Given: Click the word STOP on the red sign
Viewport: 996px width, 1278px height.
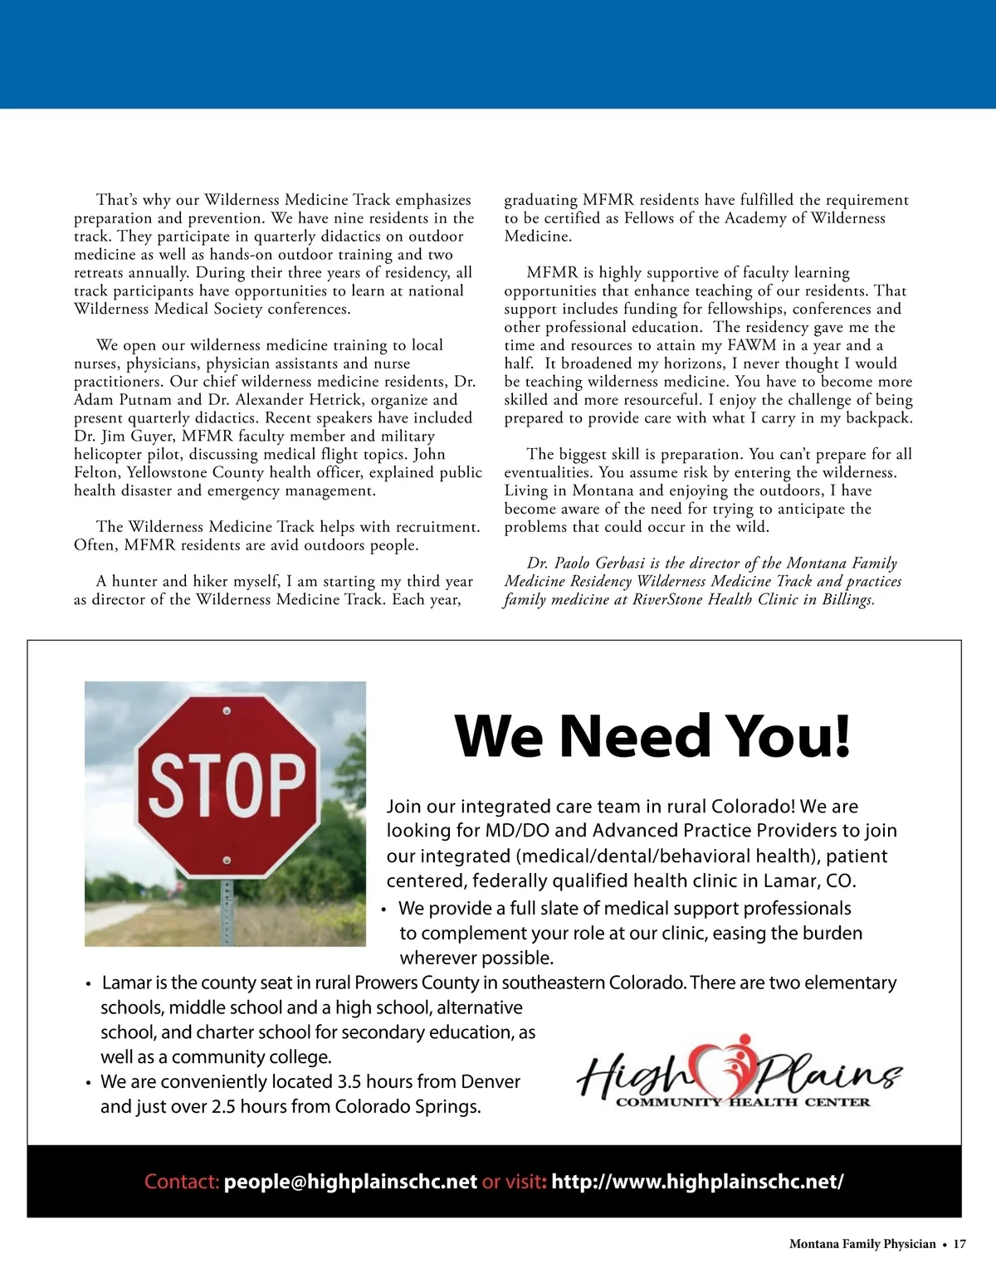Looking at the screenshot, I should (x=227, y=783).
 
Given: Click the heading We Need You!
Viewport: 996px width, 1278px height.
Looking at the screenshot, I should (x=653, y=735).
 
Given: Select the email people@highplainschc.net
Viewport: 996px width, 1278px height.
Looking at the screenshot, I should (x=350, y=1182).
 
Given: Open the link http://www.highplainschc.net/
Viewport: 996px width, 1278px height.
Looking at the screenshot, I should (x=697, y=1182).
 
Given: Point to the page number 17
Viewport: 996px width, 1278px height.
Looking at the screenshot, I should (x=959, y=1244).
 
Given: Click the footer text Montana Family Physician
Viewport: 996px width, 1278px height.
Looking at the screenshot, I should (x=862, y=1244).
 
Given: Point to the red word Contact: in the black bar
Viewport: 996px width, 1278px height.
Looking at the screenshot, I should (x=182, y=1182).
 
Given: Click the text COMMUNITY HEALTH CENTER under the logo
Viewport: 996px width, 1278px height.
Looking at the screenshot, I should (x=742, y=1102).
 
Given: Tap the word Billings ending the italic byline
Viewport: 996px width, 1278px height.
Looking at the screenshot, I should (x=848, y=600).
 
